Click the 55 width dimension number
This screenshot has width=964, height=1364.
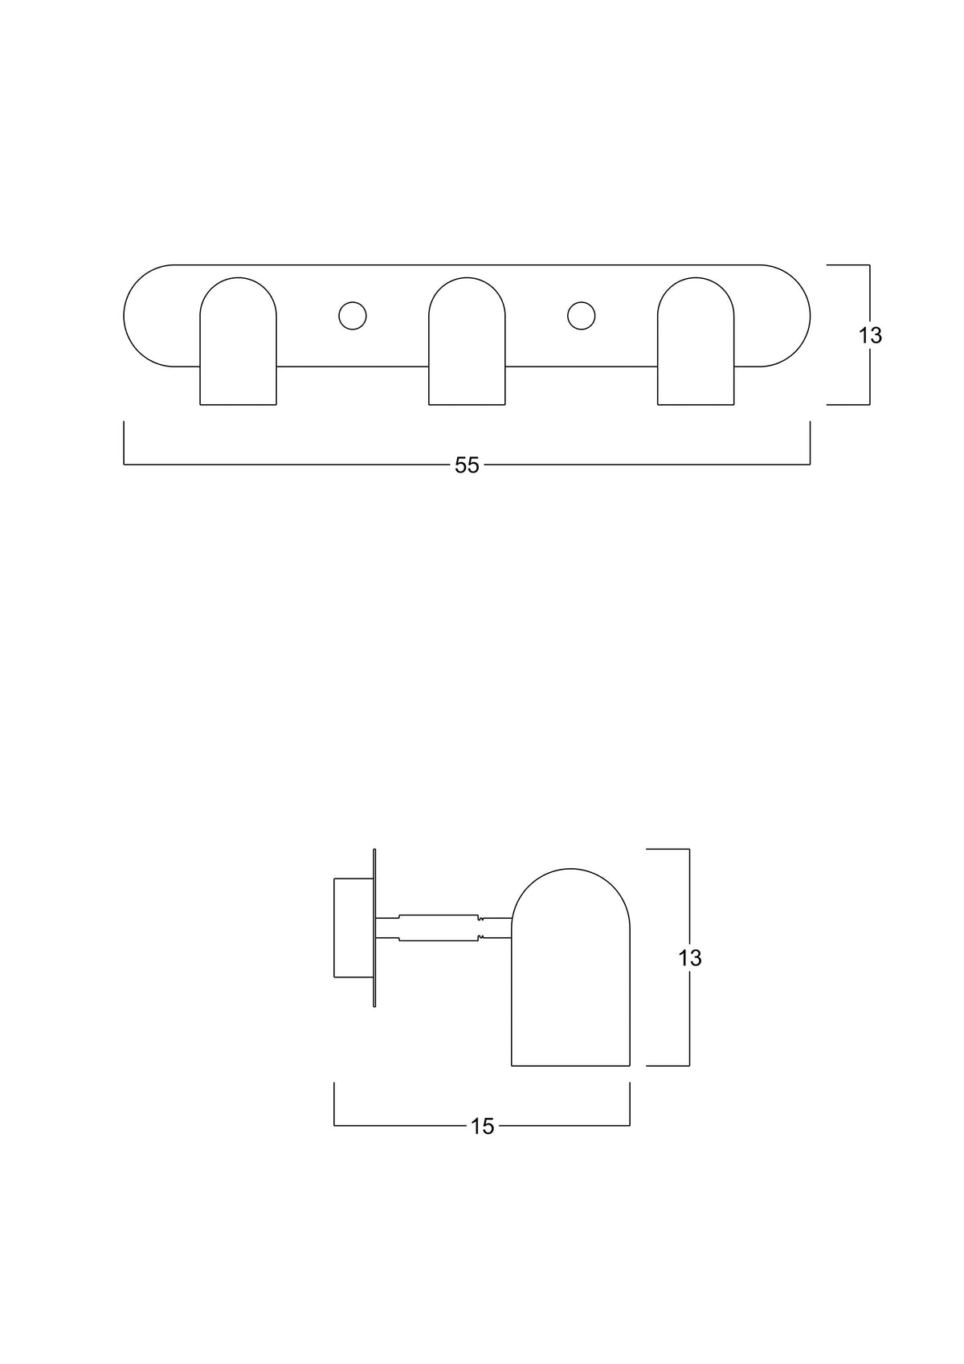pos(467,465)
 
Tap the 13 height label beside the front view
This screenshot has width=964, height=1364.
pos(870,335)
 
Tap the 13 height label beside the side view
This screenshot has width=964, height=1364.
pos(690,958)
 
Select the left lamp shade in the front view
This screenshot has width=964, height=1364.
pos(238,341)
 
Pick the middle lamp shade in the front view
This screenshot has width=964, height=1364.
pos(467,341)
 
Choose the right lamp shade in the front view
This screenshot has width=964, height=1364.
pos(696,341)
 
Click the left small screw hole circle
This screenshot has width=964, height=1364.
pos(353,316)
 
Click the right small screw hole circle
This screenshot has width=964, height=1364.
pos(581,316)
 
